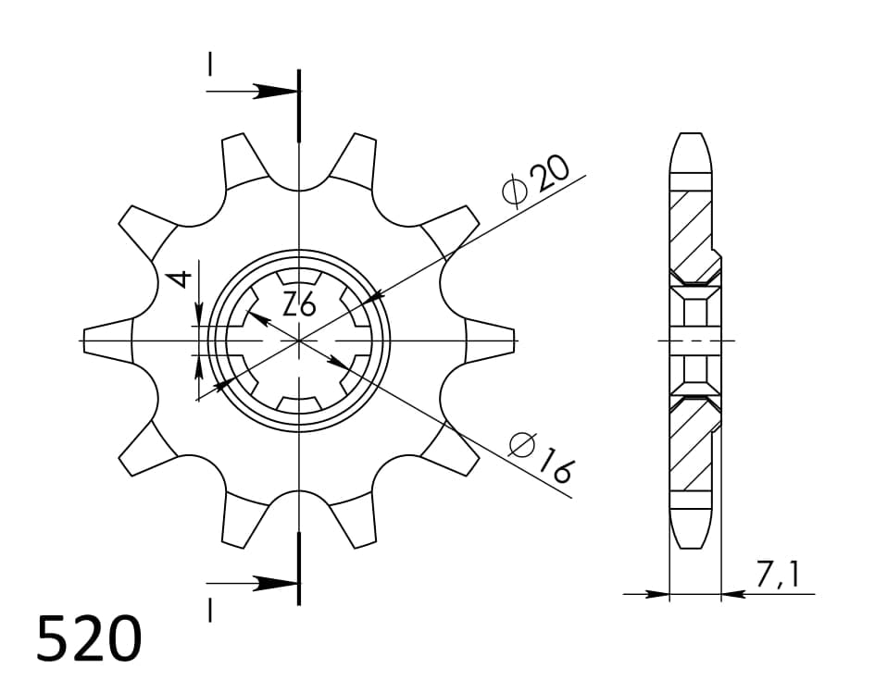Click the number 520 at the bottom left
[x=90, y=639]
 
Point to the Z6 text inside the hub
[x=299, y=303]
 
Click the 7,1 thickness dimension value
[x=777, y=575]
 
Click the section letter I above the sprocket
[x=211, y=64]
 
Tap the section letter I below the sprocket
[x=211, y=611]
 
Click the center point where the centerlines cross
[x=299, y=340]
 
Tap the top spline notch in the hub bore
[x=299, y=278]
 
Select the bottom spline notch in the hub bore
[x=299, y=403]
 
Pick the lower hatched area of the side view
[x=690, y=451]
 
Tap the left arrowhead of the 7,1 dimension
[x=657, y=594]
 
